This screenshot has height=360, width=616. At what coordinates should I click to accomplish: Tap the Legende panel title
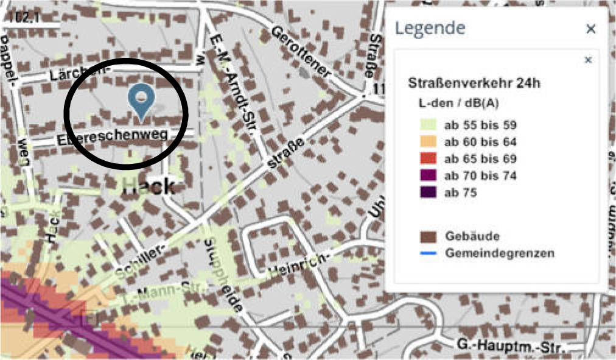430,28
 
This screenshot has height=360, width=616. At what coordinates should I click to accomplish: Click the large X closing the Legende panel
590,29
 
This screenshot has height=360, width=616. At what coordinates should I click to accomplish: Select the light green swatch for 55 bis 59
429,125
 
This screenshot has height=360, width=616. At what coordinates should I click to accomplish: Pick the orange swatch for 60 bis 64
429,143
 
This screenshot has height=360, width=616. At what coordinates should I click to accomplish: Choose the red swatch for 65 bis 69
429,159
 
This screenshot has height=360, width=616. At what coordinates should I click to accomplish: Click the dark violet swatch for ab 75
429,192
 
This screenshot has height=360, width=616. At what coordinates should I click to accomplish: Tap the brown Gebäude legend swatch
429,236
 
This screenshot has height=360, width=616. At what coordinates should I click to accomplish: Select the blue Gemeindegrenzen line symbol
429,252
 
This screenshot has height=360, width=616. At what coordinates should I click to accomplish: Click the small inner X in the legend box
588,60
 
